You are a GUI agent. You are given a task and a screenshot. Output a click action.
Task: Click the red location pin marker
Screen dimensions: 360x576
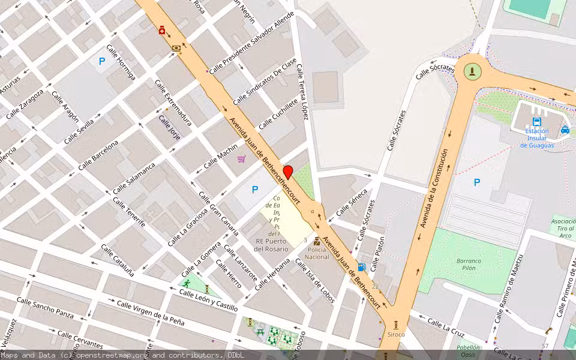[288, 172]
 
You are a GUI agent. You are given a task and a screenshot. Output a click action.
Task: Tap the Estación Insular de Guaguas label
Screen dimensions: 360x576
[536, 138]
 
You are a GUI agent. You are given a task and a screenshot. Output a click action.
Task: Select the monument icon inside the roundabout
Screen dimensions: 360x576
[473, 72]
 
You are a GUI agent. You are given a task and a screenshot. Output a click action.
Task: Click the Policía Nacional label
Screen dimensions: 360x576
[317, 253]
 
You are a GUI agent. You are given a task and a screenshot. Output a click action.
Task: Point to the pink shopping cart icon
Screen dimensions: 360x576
[241, 159]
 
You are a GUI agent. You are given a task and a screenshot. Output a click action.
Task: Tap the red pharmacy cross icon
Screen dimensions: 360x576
[162, 30]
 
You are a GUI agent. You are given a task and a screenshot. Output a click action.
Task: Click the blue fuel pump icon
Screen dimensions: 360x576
[361, 267]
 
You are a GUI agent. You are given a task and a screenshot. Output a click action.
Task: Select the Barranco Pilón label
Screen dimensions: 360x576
[468, 265]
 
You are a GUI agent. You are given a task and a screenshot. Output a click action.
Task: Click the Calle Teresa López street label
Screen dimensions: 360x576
[301, 92]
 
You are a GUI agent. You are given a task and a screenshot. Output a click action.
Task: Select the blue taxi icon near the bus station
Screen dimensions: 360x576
[565, 130]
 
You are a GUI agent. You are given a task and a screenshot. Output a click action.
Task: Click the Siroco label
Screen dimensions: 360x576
[396, 334]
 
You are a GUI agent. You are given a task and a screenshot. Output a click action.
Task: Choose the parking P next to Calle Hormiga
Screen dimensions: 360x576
[102, 61]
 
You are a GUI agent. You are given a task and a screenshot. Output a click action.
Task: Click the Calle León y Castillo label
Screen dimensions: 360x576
[210, 299]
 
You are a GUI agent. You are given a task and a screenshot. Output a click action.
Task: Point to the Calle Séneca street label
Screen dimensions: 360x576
[351, 202]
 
